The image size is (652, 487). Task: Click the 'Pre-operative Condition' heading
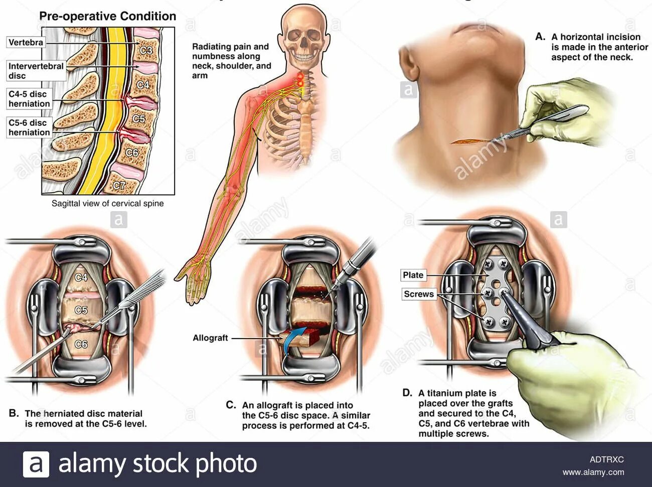[107, 16]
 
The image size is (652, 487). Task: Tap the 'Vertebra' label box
[26, 43]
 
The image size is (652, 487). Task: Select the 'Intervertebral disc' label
[36, 71]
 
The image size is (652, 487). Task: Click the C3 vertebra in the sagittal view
[146, 50]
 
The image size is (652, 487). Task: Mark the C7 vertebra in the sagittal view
[119, 186]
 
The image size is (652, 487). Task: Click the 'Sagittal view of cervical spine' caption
[107, 204]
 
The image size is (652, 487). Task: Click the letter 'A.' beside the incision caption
[540, 37]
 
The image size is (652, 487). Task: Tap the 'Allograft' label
[210, 338]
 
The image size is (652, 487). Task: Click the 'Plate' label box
[413, 275]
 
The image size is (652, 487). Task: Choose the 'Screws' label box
[418, 294]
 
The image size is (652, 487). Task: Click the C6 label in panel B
[81, 345]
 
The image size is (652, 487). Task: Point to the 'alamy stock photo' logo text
[157, 463]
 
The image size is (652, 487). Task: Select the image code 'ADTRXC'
[606, 459]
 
